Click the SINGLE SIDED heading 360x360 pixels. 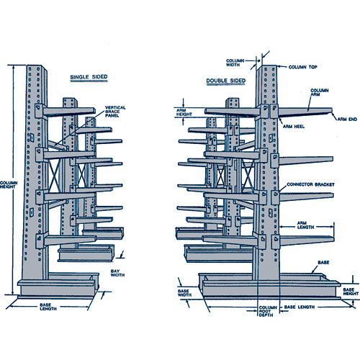(x=89, y=77)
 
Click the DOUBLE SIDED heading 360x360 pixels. (x=226, y=81)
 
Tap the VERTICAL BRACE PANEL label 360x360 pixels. (x=115, y=112)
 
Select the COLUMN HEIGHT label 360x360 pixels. (x=9, y=185)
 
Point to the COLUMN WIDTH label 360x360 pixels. (x=235, y=63)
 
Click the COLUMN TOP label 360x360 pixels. (x=302, y=67)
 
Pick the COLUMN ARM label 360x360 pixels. (x=320, y=92)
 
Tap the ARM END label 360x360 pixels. (x=347, y=120)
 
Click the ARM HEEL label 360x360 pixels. (x=294, y=127)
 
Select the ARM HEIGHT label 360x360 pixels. (x=184, y=112)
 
